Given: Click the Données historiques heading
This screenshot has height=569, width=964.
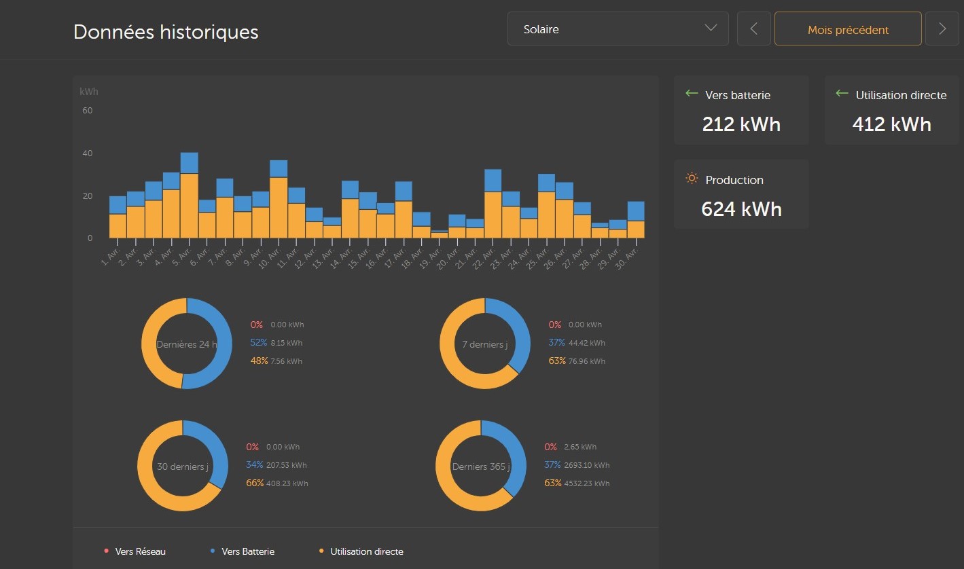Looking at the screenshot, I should pyautogui.click(x=166, y=32).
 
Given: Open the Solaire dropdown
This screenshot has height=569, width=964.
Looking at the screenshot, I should pyautogui.click(x=618, y=29).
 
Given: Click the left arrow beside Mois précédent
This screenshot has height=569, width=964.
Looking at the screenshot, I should pyautogui.click(x=753, y=29).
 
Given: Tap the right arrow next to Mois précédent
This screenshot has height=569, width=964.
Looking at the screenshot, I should pyautogui.click(x=942, y=29).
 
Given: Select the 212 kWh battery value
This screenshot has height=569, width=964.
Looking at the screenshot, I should pyautogui.click(x=740, y=124).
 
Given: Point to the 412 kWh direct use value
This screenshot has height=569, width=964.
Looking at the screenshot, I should pyautogui.click(x=891, y=124).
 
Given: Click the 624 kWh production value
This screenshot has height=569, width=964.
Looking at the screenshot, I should pyautogui.click(x=741, y=209).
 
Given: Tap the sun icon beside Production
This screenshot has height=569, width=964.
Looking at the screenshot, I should pyautogui.click(x=692, y=179).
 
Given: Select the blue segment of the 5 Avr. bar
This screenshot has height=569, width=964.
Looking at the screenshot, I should pyautogui.click(x=189, y=163).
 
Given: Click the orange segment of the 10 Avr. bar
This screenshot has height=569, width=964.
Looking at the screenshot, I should pyautogui.click(x=279, y=207).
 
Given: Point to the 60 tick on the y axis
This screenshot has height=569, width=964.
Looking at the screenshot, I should pyautogui.click(x=87, y=111).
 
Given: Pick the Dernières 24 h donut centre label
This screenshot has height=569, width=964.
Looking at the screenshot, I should pyautogui.click(x=187, y=344).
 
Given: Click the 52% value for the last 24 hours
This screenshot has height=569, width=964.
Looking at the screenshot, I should pyautogui.click(x=258, y=343).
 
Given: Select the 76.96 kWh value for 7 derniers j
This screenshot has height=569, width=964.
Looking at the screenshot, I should pyautogui.click(x=586, y=361).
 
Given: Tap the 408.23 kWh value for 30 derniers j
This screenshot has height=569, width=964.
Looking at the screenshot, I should pyautogui.click(x=287, y=483).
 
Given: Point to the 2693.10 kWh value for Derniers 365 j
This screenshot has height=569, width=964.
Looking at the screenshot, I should pyautogui.click(x=586, y=465).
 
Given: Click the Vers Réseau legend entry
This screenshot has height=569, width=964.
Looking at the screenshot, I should pyautogui.click(x=139, y=551).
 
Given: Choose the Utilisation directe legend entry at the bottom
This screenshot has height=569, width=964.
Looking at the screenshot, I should pyautogui.click(x=365, y=551).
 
